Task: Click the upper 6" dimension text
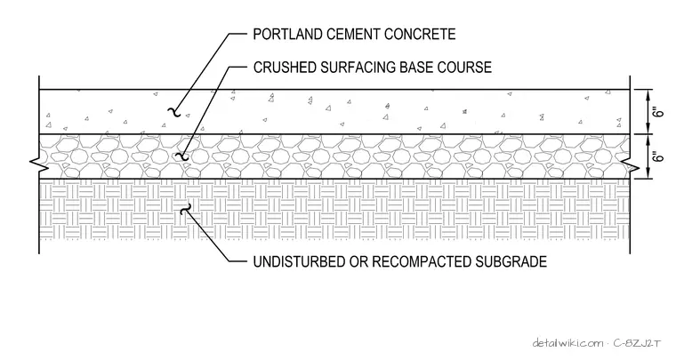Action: pyautogui.click(x=658, y=112)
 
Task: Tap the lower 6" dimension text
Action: pyautogui.click(x=658, y=156)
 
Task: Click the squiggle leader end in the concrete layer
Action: pyautogui.click(x=173, y=112)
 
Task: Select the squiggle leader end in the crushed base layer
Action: pyautogui.click(x=183, y=156)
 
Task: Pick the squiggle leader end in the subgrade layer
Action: pyautogui.click(x=185, y=209)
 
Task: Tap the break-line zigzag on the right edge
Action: pyautogui.click(x=631, y=165)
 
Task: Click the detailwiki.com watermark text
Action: pyautogui.click(x=568, y=343)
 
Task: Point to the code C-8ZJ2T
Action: pyautogui.click(x=637, y=343)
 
